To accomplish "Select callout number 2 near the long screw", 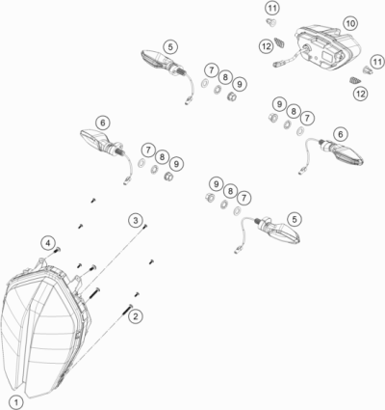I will click(136, 315).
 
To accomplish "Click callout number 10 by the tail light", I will click(348, 21).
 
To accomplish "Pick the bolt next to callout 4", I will click(57, 250).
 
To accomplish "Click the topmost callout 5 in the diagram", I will click(170, 45).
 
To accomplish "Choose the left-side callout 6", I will click(103, 122).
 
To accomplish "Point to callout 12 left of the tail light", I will click(265, 44).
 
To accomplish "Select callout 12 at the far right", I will click(360, 94).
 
